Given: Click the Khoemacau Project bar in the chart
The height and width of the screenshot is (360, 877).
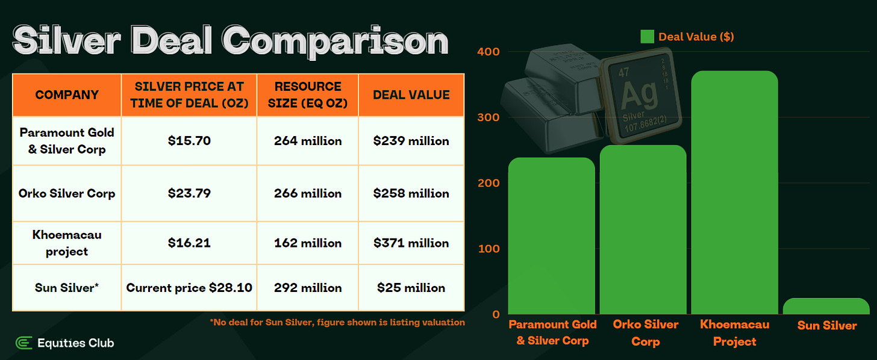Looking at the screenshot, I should tap(734, 193).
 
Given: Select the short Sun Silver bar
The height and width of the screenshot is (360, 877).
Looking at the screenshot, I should tap(826, 306).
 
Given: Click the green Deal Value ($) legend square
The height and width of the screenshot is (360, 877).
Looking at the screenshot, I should tap(647, 37).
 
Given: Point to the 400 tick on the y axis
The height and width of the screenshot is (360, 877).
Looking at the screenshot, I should tap(488, 52).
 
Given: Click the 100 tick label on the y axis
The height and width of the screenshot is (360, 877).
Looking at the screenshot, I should tap(488, 249).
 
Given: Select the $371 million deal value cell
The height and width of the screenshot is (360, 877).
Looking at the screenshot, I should tap(411, 243).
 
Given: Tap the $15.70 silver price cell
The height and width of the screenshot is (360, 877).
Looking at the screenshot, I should tap(189, 141).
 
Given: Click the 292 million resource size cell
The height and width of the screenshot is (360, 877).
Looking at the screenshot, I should tap(308, 288).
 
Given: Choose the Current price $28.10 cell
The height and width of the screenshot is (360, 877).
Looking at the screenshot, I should tap(189, 288).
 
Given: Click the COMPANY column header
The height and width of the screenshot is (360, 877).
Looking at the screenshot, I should tap(67, 95).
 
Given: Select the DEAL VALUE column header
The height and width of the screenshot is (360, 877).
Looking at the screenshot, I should tap(411, 95).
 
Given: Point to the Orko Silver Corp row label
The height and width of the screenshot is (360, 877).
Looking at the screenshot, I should tap(67, 193).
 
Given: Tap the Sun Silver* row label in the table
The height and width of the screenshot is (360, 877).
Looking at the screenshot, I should tap(67, 288).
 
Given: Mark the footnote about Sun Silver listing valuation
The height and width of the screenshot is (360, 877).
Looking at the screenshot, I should tap(337, 323).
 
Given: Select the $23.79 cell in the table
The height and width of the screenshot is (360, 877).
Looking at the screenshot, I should tap(189, 193).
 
